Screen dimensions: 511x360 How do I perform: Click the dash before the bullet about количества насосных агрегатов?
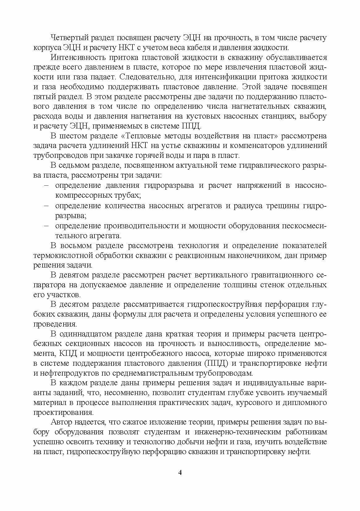(x=46, y=205)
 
